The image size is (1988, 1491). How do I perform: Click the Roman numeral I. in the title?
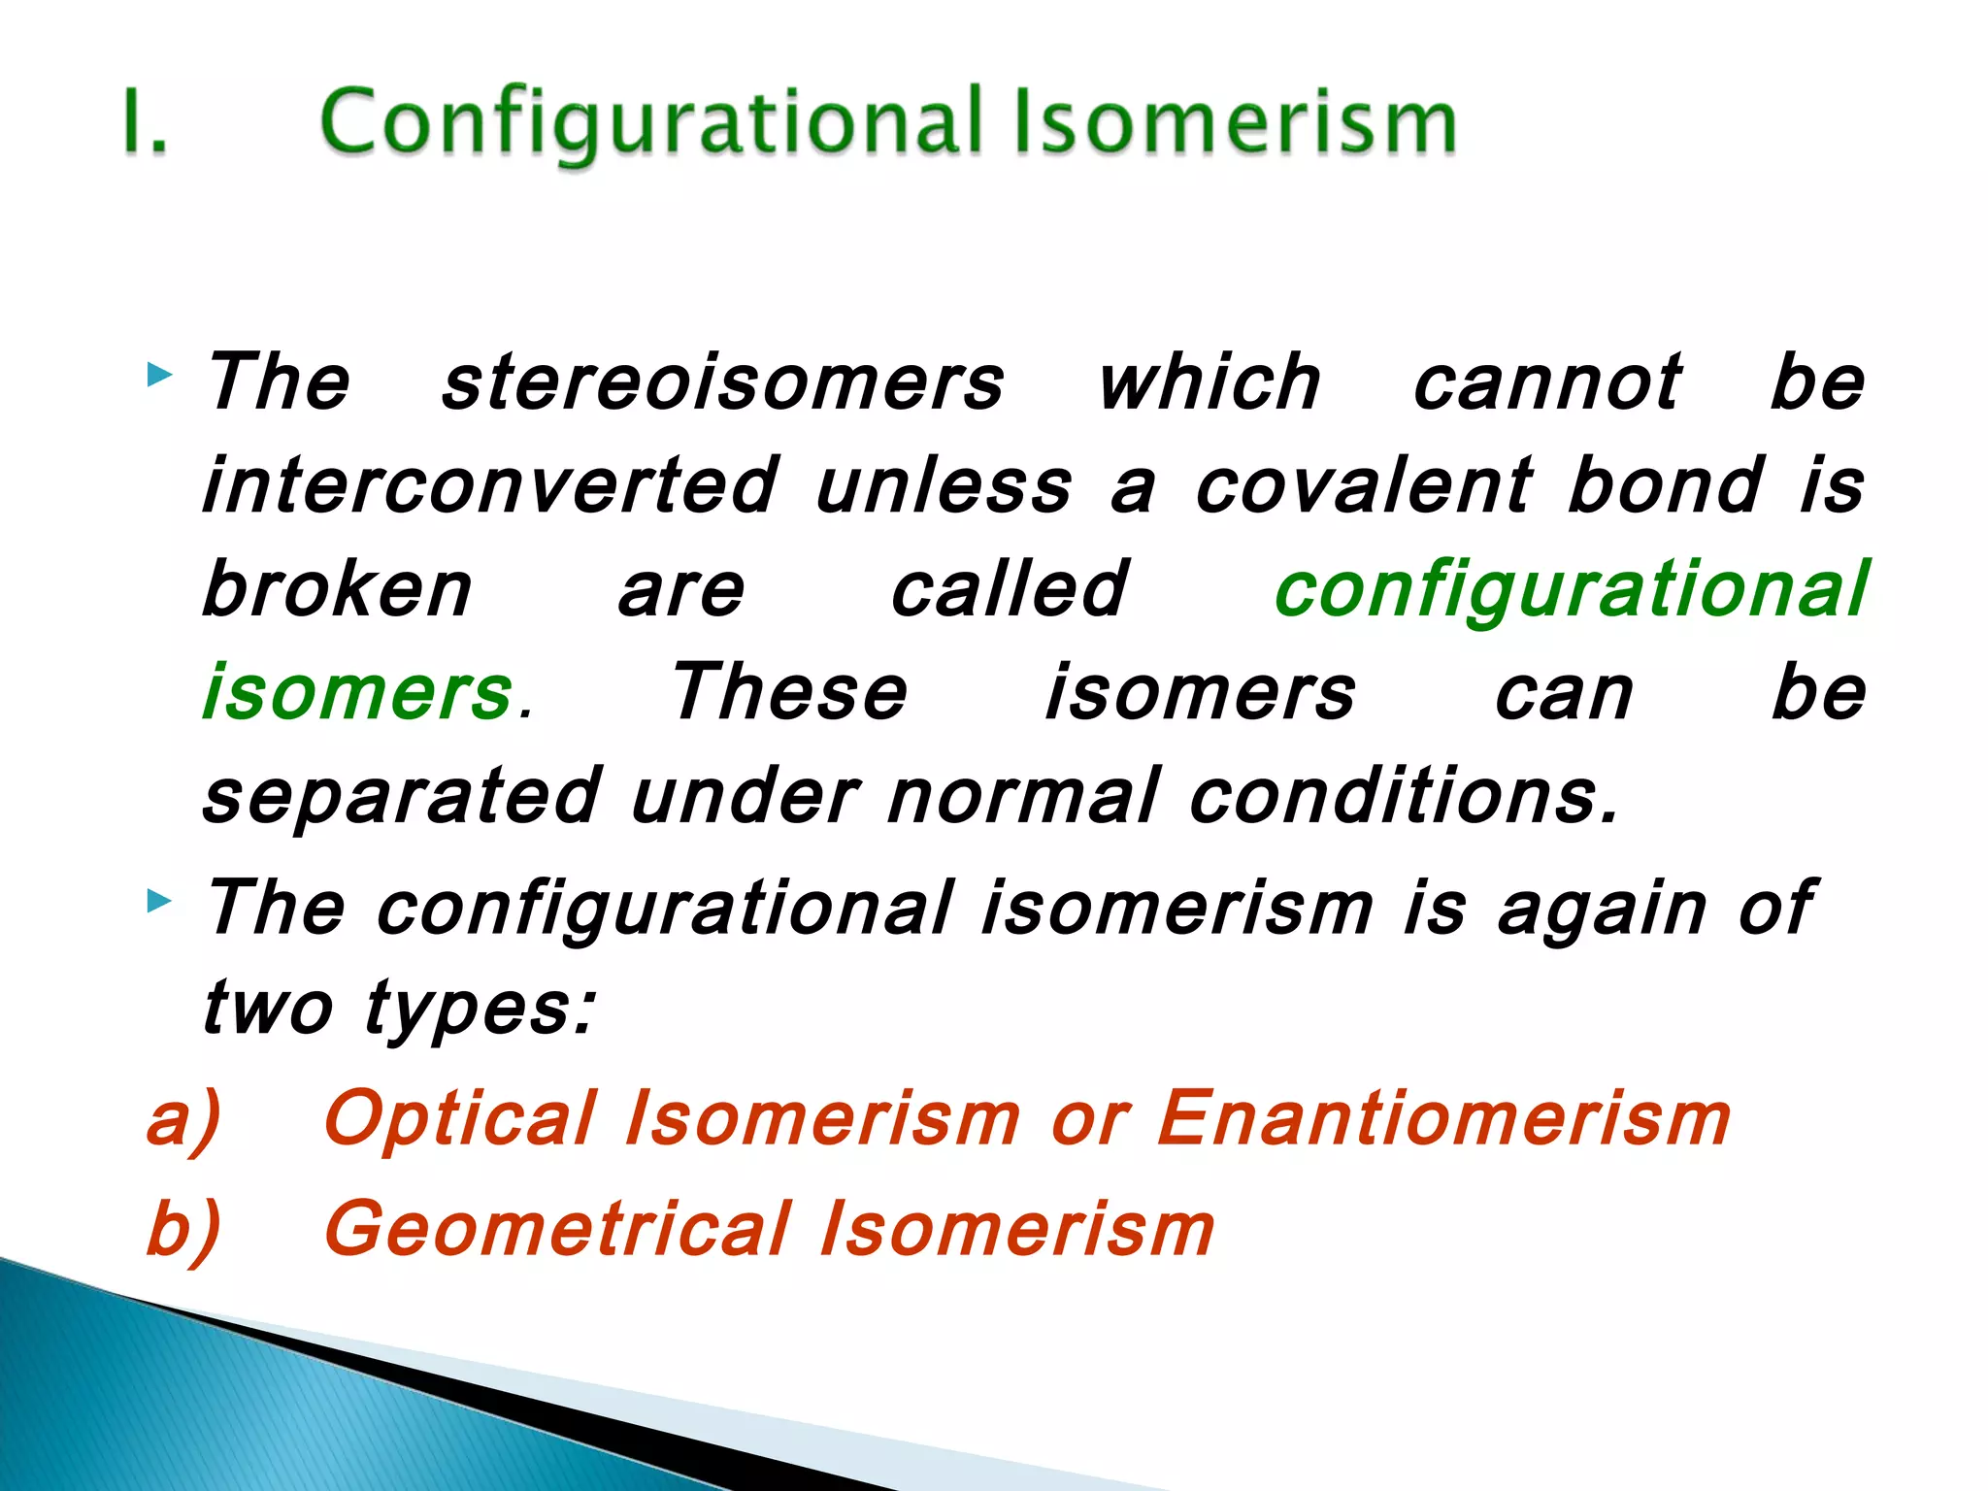click(x=146, y=121)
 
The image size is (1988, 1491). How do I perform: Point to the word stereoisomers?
click(x=723, y=383)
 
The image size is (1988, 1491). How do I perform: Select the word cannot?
click(x=1546, y=383)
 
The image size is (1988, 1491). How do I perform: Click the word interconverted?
click(x=490, y=485)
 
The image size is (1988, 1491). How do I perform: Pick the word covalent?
click(x=1363, y=485)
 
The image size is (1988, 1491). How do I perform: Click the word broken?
click(x=337, y=589)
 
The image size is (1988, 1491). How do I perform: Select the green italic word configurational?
click(x=1571, y=591)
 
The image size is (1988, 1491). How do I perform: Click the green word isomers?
click(x=357, y=693)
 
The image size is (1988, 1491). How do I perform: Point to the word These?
click(x=789, y=693)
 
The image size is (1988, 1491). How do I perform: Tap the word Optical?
click(x=460, y=1118)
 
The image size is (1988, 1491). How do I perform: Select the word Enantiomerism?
click(x=1444, y=1118)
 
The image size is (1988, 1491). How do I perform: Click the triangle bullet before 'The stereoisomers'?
click(x=159, y=374)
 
